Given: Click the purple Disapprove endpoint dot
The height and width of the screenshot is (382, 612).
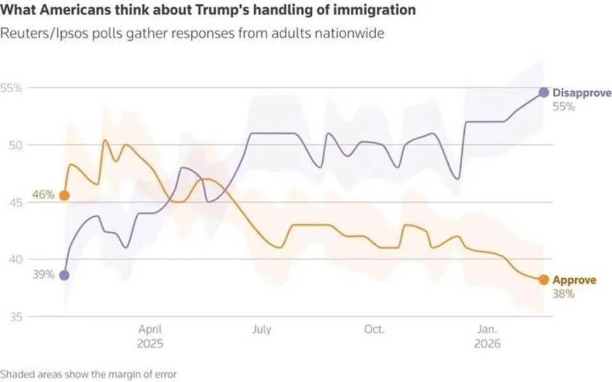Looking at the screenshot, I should coord(544,92).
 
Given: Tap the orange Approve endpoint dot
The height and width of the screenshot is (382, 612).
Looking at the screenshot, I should coord(544,279).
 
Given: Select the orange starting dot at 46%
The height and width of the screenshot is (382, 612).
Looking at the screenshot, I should coord(64,195).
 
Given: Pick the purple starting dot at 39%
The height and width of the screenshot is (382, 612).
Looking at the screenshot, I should coord(64,275).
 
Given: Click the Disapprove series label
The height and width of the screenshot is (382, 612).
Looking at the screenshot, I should coord(581,93).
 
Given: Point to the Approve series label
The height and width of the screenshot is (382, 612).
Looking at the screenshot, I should coord(574,280).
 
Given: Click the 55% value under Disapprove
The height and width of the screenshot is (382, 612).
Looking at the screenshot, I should coord(564,107).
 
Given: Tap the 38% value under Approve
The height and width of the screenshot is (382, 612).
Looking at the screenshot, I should coord(564,294).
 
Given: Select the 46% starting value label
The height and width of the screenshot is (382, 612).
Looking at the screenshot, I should coord(43,195).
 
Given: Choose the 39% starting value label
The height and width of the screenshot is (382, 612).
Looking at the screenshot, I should coord(43,275).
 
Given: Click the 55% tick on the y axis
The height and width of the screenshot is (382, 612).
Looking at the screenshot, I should coord(12,88).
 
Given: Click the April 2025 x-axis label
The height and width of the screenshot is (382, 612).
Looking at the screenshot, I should coord(150,336).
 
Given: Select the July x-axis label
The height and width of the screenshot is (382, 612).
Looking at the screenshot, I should coord(261,330).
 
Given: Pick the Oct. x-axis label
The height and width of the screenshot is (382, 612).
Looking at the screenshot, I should coord(374,330).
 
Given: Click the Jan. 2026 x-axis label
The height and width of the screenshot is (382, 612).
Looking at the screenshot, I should coord(487,336).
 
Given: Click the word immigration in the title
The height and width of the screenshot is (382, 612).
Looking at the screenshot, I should coord(377,11).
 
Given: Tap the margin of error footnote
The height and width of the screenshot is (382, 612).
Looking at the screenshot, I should coord(89,374).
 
